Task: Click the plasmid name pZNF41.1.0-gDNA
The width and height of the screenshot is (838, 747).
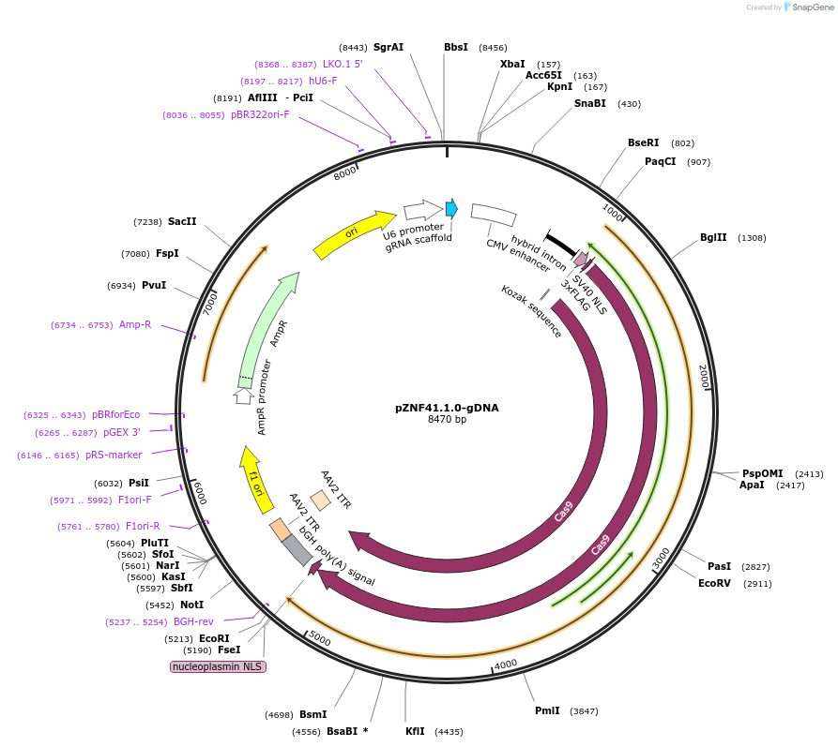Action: point(447,408)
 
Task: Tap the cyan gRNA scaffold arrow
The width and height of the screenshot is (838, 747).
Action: point(451,208)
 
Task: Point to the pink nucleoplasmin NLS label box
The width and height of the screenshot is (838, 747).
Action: point(218,666)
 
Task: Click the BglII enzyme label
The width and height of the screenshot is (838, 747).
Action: point(713,238)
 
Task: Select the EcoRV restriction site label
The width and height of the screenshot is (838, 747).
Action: point(714,583)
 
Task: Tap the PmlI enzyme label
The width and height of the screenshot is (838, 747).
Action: point(547,710)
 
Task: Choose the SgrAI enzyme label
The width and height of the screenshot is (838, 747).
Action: point(388,47)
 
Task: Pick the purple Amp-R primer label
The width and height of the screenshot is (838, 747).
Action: point(134,324)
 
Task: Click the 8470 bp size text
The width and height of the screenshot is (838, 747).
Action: point(447,420)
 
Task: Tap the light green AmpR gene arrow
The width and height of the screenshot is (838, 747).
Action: point(267,328)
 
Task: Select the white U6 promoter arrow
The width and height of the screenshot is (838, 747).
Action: point(422,209)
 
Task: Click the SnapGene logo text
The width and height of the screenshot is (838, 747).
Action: point(813,7)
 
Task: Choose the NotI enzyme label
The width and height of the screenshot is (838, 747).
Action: point(191,605)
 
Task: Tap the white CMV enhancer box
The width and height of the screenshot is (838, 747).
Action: point(493,215)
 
